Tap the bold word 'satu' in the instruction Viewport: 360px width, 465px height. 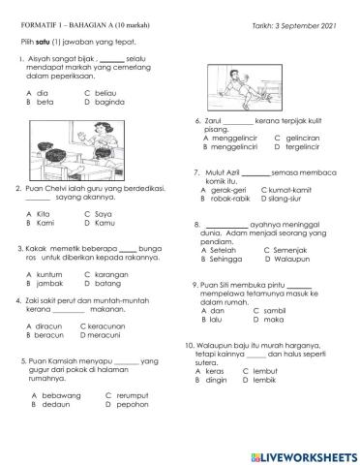pyautogui.click(x=46, y=42)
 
